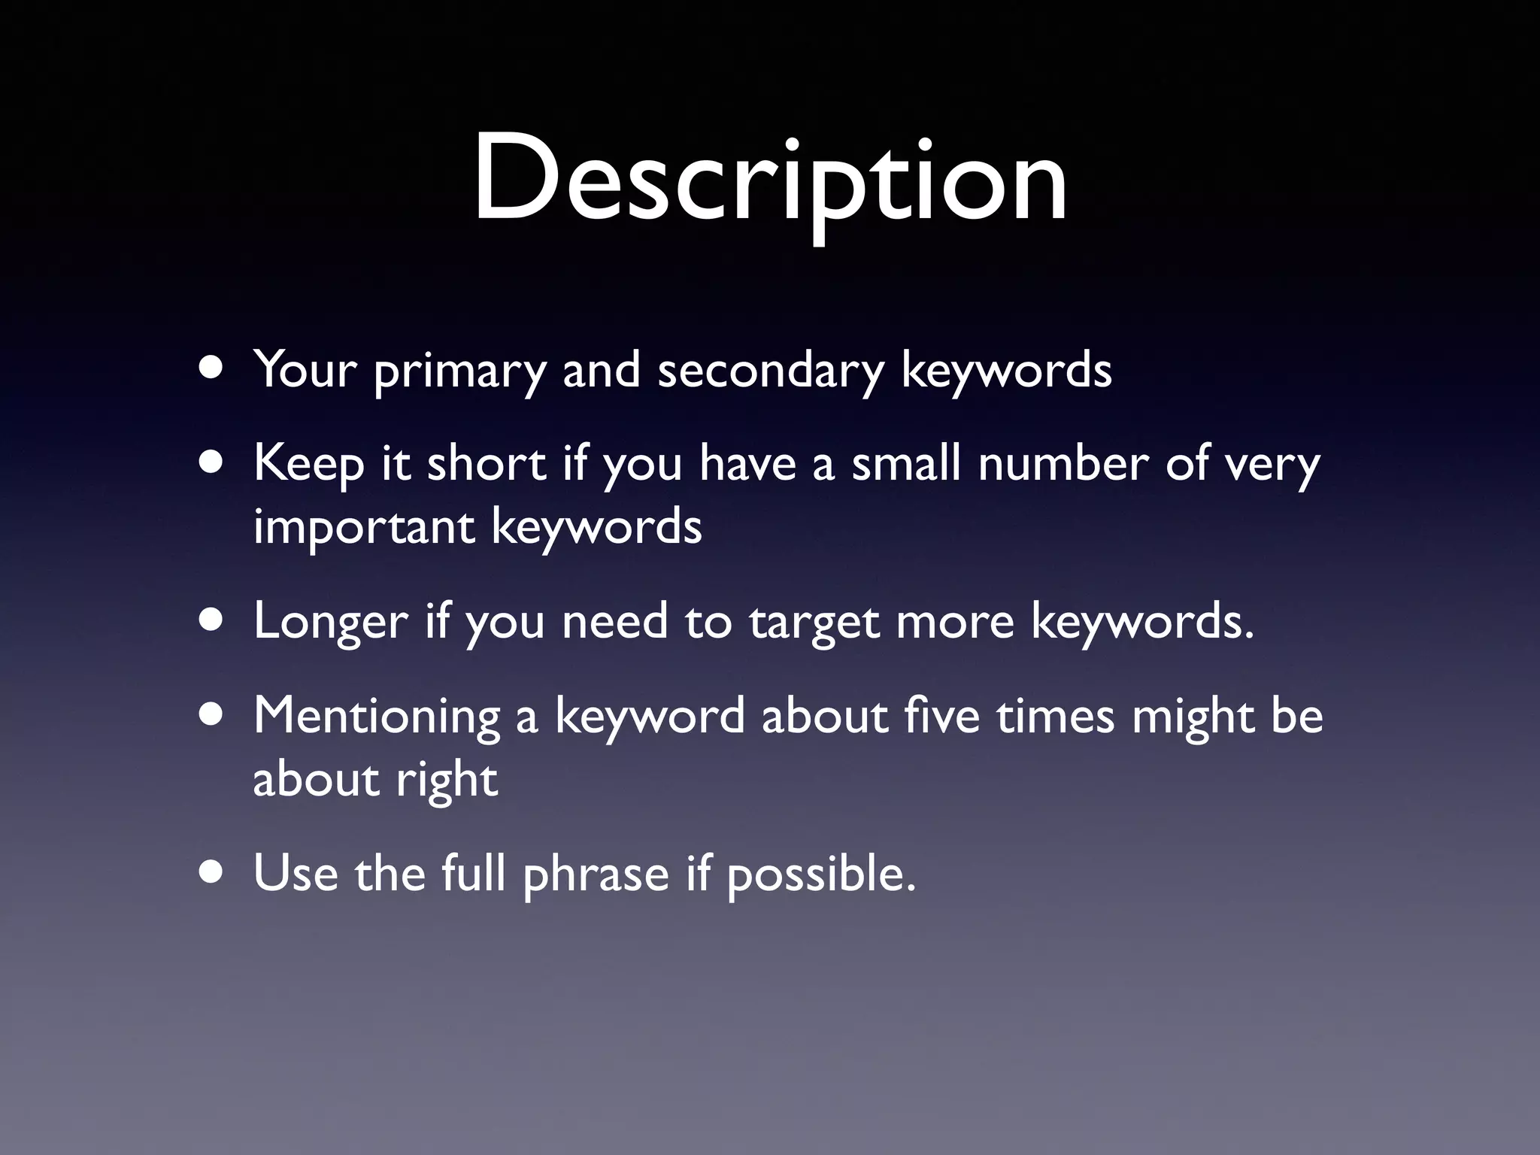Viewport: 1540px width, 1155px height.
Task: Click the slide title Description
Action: point(770,180)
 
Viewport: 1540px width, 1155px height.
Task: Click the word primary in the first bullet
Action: point(459,371)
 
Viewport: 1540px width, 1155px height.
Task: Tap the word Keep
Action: point(308,465)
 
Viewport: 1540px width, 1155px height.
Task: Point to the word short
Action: point(487,463)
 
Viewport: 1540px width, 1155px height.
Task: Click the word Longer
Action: point(331,623)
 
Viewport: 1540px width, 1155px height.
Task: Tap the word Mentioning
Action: point(377,717)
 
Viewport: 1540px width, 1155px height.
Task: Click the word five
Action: point(943,716)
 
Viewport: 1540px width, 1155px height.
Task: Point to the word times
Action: point(1056,716)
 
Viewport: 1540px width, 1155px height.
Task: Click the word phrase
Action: point(596,875)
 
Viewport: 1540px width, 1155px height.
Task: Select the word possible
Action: point(821,875)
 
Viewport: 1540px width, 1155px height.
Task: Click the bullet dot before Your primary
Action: point(212,371)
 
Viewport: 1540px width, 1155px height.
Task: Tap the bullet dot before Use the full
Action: point(212,873)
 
